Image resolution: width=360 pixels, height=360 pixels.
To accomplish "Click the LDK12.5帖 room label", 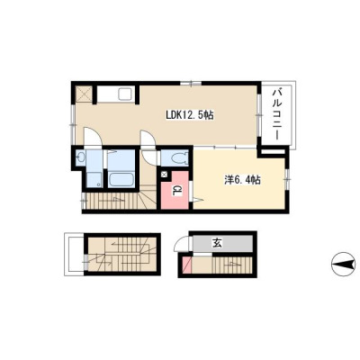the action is [x=190, y=114].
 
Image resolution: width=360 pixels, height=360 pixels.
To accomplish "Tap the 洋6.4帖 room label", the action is [x=242, y=180].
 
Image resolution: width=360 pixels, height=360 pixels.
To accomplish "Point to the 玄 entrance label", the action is [x=217, y=243].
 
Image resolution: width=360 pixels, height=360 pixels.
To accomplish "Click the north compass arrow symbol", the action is [x=345, y=265].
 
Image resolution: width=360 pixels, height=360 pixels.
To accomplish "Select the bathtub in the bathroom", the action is [x=121, y=180].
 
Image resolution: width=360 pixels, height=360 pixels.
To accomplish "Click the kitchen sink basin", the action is [x=125, y=94].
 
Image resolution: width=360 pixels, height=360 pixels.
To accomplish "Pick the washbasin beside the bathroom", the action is [x=80, y=157].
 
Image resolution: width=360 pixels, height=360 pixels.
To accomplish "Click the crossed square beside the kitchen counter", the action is [x=84, y=94].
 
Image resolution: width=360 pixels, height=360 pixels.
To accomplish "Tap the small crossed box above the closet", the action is [x=165, y=174].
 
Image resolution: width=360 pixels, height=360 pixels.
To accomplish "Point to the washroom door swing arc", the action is [x=93, y=137].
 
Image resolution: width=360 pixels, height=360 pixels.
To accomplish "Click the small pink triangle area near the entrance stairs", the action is [x=187, y=265].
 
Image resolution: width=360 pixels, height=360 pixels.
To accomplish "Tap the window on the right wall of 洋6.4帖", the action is [x=287, y=179].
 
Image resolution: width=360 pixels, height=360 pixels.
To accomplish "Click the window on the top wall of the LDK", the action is [x=191, y=84].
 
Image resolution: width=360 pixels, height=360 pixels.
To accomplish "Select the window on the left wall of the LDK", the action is [x=72, y=124].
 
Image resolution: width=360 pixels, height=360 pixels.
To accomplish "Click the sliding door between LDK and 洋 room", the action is [x=225, y=148].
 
